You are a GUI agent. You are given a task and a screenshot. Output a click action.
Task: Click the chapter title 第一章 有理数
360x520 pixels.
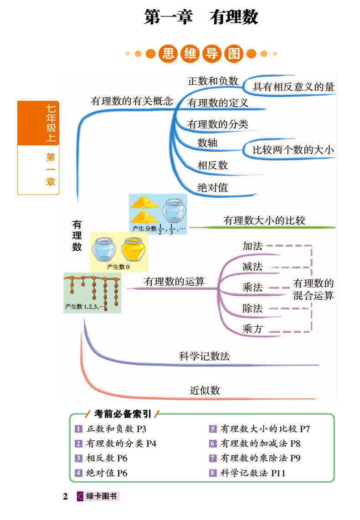point(201,17)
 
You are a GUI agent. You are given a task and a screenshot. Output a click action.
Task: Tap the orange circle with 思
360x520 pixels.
point(168,54)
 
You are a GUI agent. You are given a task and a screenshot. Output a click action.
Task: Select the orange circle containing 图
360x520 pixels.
point(234,54)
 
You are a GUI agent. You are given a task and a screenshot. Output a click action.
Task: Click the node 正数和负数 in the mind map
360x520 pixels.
point(213,81)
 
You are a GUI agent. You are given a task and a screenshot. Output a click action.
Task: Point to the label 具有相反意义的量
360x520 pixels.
point(293,87)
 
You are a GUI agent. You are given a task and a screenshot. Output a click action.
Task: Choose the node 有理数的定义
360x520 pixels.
point(218,103)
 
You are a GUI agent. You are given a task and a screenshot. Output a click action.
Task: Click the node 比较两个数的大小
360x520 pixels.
point(293,149)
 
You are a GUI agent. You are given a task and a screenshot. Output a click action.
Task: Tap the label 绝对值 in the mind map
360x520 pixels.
point(212,187)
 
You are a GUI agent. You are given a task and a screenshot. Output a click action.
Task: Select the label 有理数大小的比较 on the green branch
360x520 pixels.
point(264,221)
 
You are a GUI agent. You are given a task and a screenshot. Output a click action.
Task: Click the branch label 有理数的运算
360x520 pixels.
point(174,282)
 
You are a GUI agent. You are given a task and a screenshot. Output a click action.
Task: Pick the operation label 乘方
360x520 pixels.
point(252,329)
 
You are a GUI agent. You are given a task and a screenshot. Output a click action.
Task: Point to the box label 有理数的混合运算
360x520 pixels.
point(314,289)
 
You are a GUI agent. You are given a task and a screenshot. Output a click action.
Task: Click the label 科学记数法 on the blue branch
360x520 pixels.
point(204,356)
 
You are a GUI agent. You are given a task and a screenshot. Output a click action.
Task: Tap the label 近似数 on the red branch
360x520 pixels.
point(205,390)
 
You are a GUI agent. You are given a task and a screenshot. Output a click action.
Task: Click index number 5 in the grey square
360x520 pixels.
point(213,429)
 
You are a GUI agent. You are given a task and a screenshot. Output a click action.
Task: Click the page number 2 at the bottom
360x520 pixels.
point(65,497)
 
